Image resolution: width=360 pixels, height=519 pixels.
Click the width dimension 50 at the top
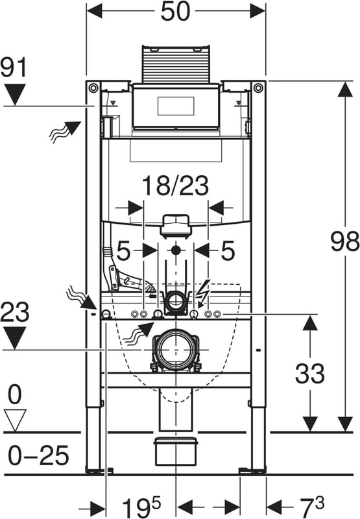tap(175, 12)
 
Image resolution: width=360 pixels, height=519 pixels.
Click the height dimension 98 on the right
tap(345, 241)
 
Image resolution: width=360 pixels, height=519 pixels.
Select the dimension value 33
tap(309, 374)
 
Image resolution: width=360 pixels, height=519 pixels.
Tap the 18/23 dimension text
tap(175, 186)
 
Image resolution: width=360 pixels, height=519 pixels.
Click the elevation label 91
tap(13, 67)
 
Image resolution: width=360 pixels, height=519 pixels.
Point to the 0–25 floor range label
tap(38, 456)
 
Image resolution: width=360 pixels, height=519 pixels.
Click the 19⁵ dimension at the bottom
tap(141, 507)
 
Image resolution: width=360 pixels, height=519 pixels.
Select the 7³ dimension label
tap(312, 506)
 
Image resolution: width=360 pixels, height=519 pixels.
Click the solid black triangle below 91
tap(15, 94)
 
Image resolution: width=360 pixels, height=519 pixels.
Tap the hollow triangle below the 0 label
tap(15, 420)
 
